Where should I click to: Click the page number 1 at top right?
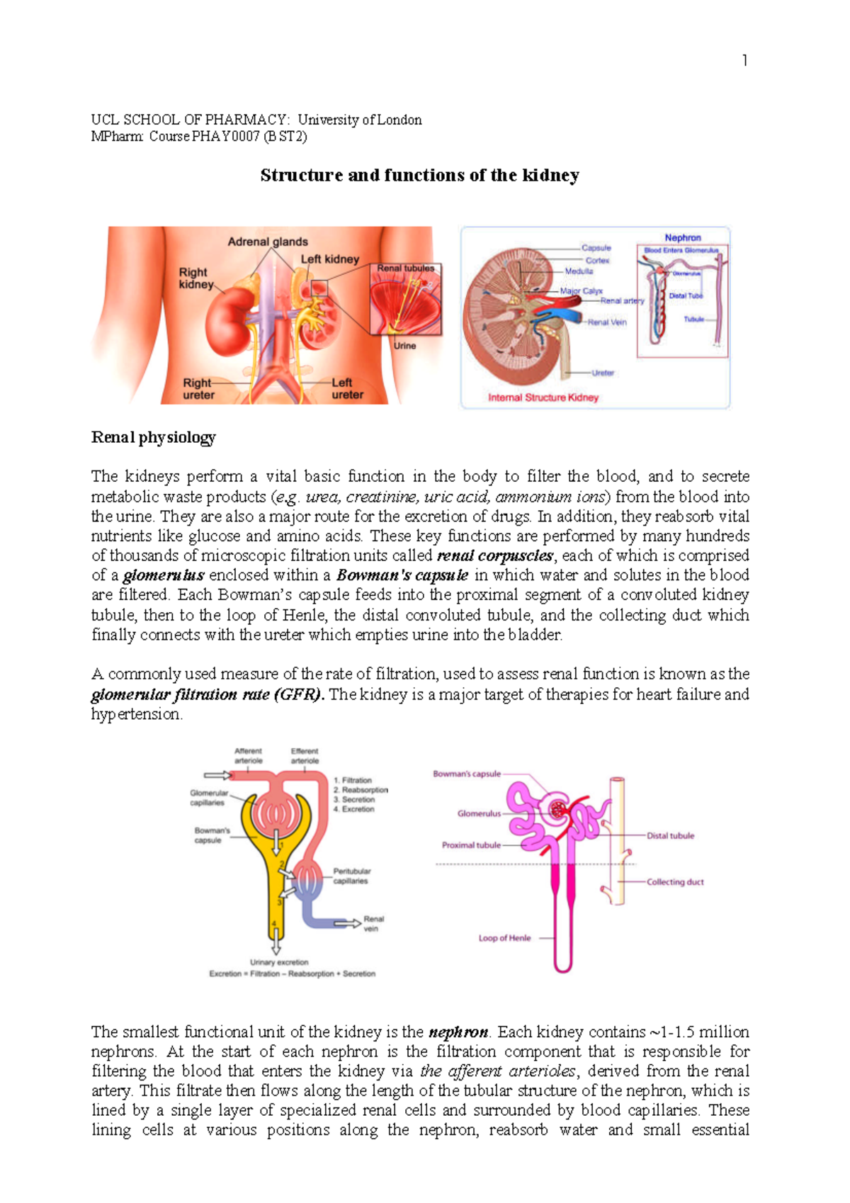pyautogui.click(x=744, y=61)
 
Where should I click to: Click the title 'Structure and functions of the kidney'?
pyautogui.click(x=419, y=175)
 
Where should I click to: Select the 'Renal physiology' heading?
pyautogui.click(x=153, y=437)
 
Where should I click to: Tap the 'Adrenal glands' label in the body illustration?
pyautogui.click(x=268, y=242)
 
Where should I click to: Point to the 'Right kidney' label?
pyautogui.click(x=195, y=278)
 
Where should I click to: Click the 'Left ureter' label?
pyautogui.click(x=347, y=388)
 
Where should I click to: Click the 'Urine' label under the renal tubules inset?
pyautogui.click(x=404, y=346)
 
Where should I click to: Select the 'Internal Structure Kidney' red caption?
pyautogui.click(x=543, y=397)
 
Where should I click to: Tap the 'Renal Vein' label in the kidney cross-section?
pyautogui.click(x=607, y=322)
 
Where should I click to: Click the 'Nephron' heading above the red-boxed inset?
pyautogui.click(x=682, y=237)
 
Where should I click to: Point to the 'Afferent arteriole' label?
pyautogui.click(x=248, y=755)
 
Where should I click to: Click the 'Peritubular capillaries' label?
pyautogui.click(x=351, y=876)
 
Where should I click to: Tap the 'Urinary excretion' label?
pyautogui.click(x=278, y=962)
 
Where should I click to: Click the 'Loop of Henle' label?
pyautogui.click(x=504, y=938)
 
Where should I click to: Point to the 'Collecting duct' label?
pyautogui.click(x=674, y=882)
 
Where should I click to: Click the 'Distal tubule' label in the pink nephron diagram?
pyautogui.click(x=670, y=836)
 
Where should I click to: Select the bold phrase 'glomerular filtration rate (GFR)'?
pyautogui.click(x=208, y=694)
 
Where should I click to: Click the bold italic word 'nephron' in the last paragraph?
pyautogui.click(x=458, y=1032)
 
